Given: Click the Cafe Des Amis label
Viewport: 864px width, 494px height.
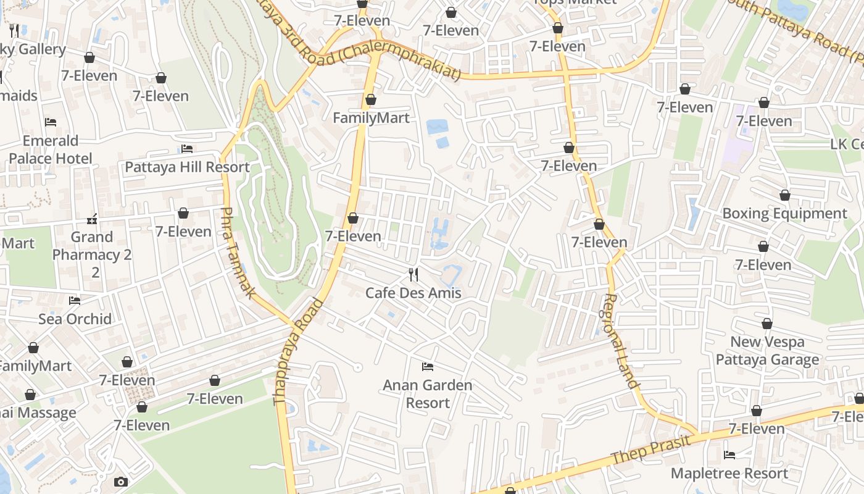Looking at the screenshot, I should click(x=413, y=293).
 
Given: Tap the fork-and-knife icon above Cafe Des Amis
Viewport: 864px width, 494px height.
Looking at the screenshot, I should click(x=413, y=274).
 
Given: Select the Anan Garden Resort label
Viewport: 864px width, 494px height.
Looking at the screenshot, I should click(x=428, y=394).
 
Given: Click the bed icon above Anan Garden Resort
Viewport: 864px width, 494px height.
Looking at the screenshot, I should click(x=427, y=367).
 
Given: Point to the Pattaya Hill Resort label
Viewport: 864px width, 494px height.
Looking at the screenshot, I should click(x=187, y=167).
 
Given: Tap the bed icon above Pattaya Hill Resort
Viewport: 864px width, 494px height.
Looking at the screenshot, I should click(x=187, y=149).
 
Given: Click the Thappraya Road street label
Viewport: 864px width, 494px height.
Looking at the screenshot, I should click(x=299, y=352).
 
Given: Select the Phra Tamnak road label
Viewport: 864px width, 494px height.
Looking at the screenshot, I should click(x=238, y=253).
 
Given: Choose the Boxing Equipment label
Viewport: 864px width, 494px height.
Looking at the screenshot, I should click(x=784, y=214).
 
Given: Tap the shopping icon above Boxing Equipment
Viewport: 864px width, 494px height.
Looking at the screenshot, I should click(x=784, y=196).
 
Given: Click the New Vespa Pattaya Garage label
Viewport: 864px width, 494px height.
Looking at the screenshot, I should click(x=767, y=351).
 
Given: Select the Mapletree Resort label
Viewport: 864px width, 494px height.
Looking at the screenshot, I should click(x=729, y=474).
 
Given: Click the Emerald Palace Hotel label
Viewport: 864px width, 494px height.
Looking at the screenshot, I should click(x=51, y=149).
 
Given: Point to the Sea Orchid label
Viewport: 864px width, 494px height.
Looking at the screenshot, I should click(x=75, y=319).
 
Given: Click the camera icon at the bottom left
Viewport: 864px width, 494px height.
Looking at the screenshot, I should click(x=121, y=482).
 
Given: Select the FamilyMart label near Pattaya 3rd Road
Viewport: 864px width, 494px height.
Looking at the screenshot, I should click(x=371, y=118).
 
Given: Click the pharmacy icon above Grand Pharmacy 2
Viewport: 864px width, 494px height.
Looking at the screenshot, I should click(x=92, y=219).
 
